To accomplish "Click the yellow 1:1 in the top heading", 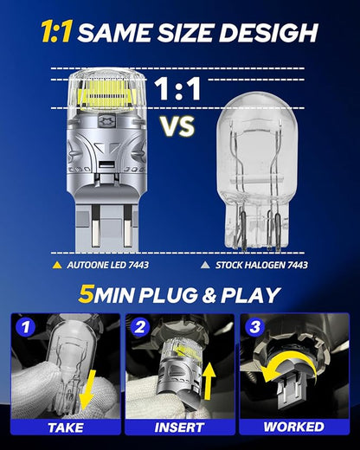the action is coord(56,32).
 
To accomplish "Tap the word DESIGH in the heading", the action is coord(268,32).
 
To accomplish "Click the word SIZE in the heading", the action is coord(185,32).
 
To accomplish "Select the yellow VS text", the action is coord(177,126).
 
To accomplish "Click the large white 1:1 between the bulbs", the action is coord(177,89).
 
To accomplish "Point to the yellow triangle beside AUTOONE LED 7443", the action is coord(57,265).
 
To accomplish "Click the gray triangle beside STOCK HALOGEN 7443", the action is coord(205,265).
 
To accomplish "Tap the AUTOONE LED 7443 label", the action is coord(107,265).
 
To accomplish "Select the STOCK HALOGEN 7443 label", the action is coord(261,265).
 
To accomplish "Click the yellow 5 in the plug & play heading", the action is coord(85,295).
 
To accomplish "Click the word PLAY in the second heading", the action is coord(250,295).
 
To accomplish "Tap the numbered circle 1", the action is coord(26,327).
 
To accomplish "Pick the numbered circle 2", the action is coord(140,327).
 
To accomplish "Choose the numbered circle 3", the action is coord(254,327).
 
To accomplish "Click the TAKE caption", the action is coord(66,427).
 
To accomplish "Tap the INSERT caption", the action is coord(179,427).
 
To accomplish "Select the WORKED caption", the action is coord(293,427).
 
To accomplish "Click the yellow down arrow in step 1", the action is coord(88,389).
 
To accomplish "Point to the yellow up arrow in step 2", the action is coord(209,381).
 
